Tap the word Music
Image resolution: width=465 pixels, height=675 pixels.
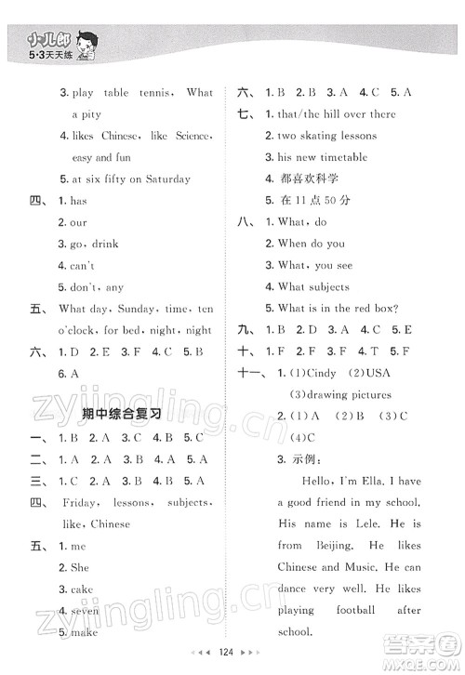point(346,567)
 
